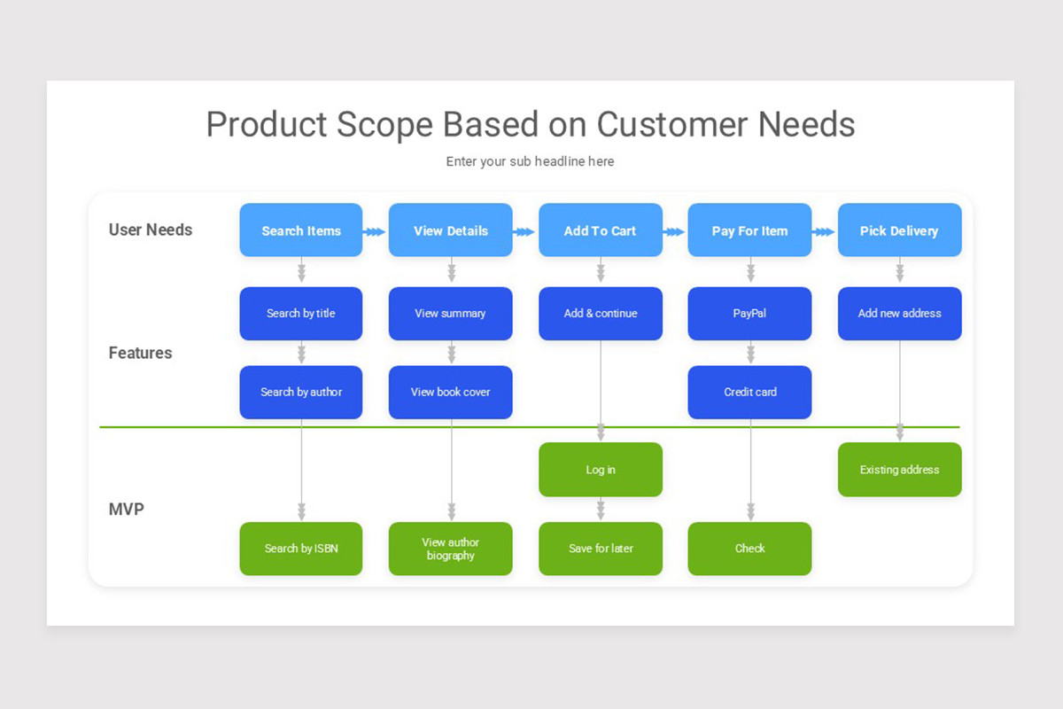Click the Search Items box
point(301,230)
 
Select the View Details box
point(450,230)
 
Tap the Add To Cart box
point(600,230)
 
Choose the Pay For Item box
point(749,230)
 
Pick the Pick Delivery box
point(899,230)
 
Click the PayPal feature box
point(749,313)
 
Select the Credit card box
point(749,392)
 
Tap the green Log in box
point(600,470)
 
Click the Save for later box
point(600,549)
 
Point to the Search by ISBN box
point(301,549)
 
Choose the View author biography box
point(450,549)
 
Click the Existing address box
point(899,470)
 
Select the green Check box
point(749,549)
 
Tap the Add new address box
point(899,313)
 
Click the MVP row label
point(127,510)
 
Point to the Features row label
point(140,353)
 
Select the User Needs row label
point(151,230)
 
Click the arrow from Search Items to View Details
point(376,231)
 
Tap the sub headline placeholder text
point(530,161)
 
